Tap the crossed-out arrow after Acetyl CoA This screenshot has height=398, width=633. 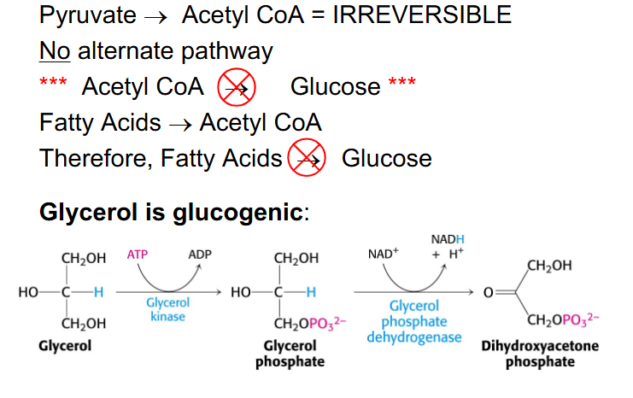(x=231, y=87)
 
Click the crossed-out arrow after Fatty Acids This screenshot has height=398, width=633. (x=306, y=158)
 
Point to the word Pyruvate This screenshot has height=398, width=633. (x=88, y=15)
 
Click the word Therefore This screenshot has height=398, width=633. (x=97, y=158)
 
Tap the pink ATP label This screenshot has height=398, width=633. (x=138, y=255)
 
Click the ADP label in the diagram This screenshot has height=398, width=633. (x=199, y=255)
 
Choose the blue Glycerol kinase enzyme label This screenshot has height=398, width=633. (x=168, y=309)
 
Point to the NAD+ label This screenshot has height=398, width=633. (x=384, y=255)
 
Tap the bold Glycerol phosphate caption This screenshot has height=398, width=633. (x=290, y=354)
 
